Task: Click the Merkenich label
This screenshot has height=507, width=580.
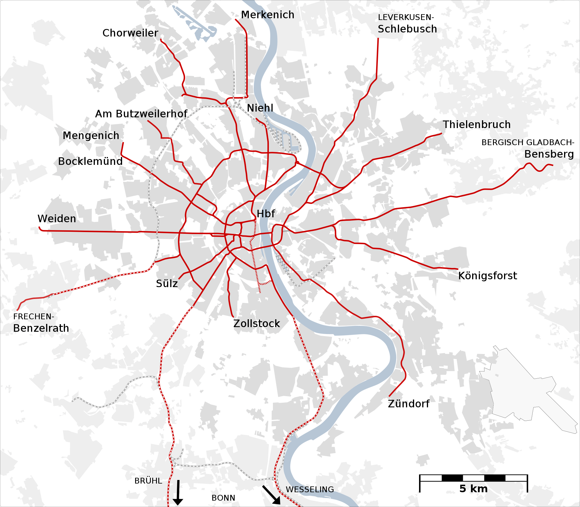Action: pyautogui.click(x=267, y=15)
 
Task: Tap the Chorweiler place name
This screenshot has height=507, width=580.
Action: pyautogui.click(x=130, y=33)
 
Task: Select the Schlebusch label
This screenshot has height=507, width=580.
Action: pyautogui.click(x=407, y=29)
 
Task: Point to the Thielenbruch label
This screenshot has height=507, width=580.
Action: pyautogui.click(x=476, y=125)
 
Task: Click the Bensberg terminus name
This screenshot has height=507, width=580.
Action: pyautogui.click(x=549, y=154)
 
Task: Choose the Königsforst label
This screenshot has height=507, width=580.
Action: pyautogui.click(x=487, y=276)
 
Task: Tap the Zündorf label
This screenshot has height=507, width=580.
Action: pyautogui.click(x=409, y=404)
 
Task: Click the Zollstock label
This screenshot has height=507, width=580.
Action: pyautogui.click(x=257, y=324)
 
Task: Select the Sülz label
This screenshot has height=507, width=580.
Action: pyautogui.click(x=167, y=284)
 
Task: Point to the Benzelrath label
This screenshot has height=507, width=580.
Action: pyautogui.click(x=41, y=328)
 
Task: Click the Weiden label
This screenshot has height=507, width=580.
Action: pyautogui.click(x=57, y=219)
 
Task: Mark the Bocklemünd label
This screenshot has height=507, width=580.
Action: pyautogui.click(x=90, y=161)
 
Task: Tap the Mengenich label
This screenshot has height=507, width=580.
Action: pyautogui.click(x=91, y=136)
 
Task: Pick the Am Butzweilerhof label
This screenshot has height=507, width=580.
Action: pyautogui.click(x=141, y=114)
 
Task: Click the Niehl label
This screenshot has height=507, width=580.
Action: pyautogui.click(x=260, y=108)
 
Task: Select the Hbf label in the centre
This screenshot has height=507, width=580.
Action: pyautogui.click(x=266, y=214)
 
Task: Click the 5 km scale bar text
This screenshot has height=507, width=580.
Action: pyautogui.click(x=473, y=489)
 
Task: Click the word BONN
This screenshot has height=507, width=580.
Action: pyautogui.click(x=223, y=498)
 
